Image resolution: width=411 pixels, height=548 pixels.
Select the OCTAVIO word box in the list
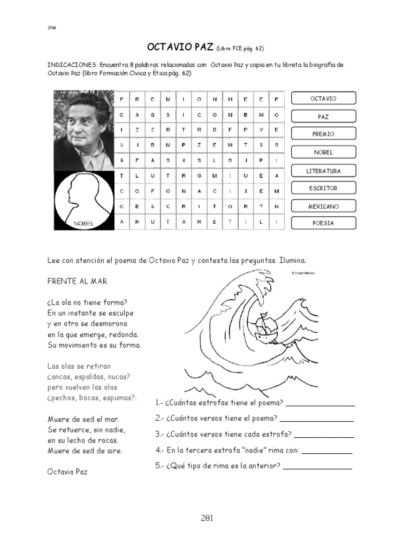(x=323, y=98)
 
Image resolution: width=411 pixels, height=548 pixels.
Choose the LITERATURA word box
(x=323, y=171)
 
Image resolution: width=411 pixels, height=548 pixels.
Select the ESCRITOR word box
(x=323, y=188)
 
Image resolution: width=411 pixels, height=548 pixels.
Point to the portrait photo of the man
(x=84, y=130)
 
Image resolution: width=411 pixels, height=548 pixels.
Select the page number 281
(x=207, y=517)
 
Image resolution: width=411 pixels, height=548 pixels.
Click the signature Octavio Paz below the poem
(x=67, y=472)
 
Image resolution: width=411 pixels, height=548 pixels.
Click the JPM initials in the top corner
(x=52, y=28)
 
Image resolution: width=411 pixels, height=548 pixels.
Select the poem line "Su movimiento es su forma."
(x=94, y=345)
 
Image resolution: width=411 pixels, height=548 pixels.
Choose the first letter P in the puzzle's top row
(x=122, y=99)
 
